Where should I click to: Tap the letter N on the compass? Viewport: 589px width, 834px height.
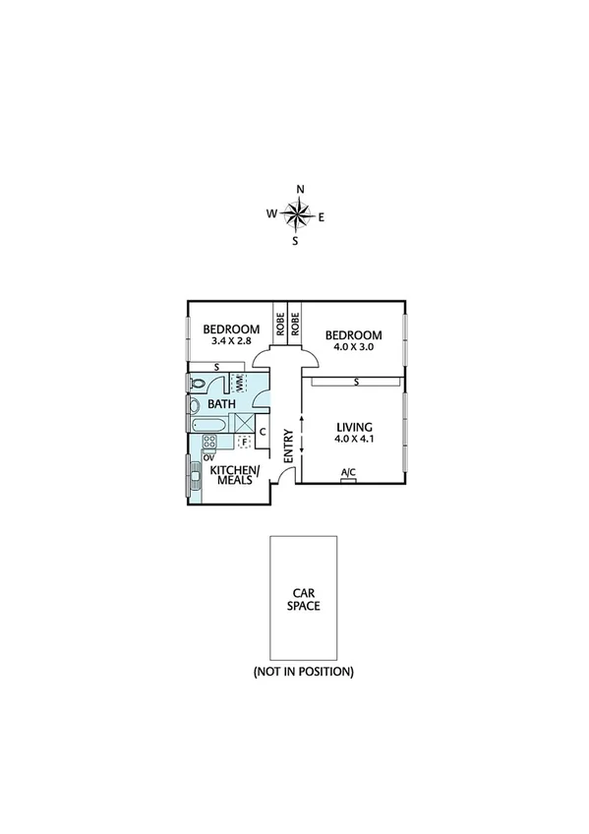click(x=301, y=190)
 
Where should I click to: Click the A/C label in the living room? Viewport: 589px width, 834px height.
click(x=348, y=473)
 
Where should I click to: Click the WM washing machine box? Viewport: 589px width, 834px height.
click(x=237, y=382)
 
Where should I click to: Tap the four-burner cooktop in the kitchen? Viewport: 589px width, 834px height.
click(x=209, y=442)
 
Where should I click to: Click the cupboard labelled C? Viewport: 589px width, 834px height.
click(x=264, y=431)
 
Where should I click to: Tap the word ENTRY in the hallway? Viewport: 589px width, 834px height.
click(x=289, y=446)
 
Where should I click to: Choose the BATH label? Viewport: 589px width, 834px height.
click(x=221, y=403)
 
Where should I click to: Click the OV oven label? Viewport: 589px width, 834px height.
click(x=208, y=456)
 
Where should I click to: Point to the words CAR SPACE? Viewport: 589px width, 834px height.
click(x=303, y=600)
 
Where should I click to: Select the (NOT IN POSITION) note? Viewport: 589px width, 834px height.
click(x=303, y=672)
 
